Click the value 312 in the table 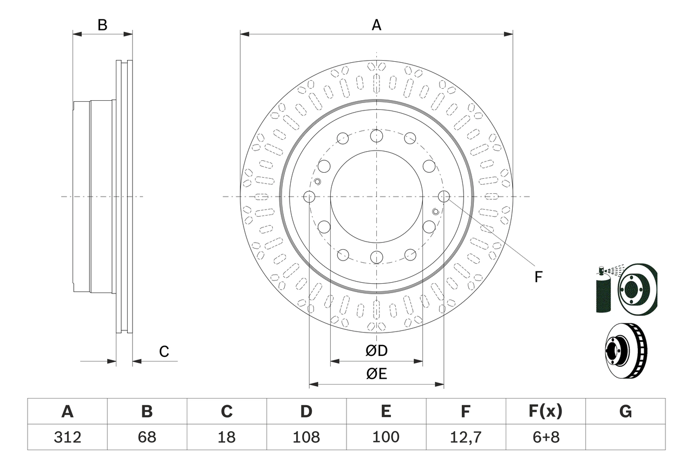(67, 437)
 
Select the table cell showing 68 (147, 437)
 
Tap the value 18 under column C (226, 437)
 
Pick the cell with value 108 (306, 437)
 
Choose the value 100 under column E (385, 437)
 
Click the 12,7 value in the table (465, 437)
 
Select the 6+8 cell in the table (545, 437)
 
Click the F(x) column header (545, 412)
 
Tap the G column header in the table (625, 412)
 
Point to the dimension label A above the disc (376, 25)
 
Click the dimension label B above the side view (102, 25)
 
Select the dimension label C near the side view (164, 352)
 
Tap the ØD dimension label (376, 351)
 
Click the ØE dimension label (376, 374)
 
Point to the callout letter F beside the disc (538, 277)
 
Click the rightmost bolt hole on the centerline (443, 197)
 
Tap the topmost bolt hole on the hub (376, 136)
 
